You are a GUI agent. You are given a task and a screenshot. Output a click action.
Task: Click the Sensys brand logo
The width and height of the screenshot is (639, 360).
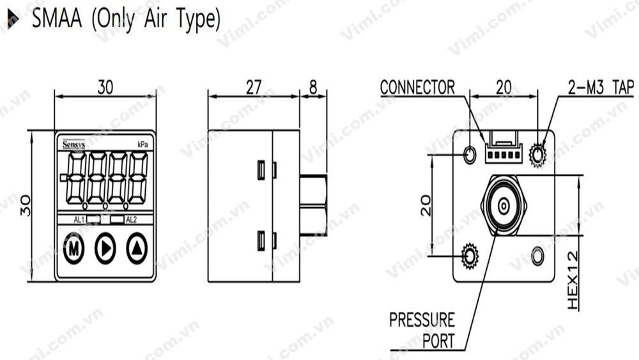click(73, 145)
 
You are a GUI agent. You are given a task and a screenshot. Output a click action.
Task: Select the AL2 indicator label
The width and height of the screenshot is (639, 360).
click(131, 220)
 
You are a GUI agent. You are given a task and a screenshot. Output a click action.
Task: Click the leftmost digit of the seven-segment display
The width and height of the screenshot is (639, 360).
click(77, 177)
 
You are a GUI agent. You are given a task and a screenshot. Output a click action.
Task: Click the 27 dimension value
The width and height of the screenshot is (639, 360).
click(253, 88)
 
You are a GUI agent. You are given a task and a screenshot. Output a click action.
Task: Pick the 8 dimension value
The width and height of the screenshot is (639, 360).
click(313, 88)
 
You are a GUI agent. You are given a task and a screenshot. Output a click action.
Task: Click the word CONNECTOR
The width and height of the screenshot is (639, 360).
click(417, 87)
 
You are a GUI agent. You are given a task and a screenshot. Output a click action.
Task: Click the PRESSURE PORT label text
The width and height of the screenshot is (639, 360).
click(422, 329)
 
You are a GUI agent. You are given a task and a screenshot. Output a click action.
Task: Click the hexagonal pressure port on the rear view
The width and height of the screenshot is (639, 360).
click(504, 206)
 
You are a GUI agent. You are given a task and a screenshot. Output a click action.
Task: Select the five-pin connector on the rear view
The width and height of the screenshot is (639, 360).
click(504, 152)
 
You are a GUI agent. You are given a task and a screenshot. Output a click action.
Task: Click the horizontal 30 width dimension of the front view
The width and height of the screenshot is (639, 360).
click(105, 88)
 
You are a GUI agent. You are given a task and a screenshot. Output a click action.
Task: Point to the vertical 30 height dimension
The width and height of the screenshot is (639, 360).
click(26, 205)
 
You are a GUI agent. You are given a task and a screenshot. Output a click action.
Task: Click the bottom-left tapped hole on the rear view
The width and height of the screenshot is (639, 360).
click(470, 256)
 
